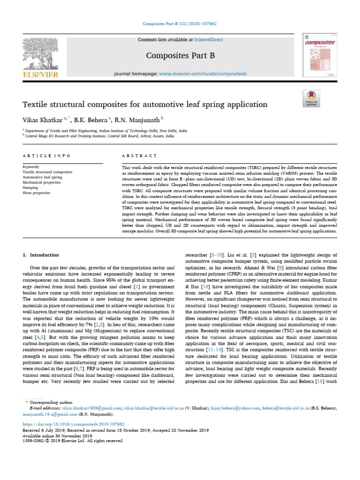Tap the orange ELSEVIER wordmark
40,75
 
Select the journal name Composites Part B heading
180,56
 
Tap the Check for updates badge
311,98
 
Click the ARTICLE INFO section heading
47,155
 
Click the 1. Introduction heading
41,255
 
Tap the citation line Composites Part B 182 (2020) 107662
180,23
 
